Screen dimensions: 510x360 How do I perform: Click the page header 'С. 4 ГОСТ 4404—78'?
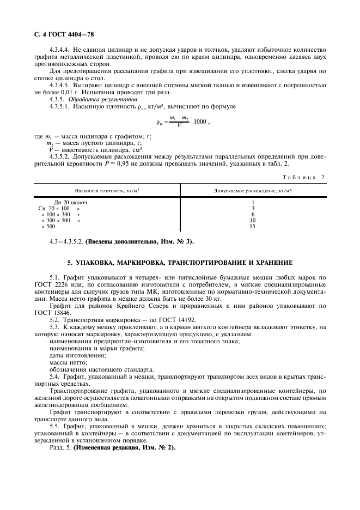[x=61, y=34]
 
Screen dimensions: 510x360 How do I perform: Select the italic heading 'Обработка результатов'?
[x=103, y=99]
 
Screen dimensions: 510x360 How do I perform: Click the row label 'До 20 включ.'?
[x=71, y=202]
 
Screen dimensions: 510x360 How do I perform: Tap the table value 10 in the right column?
[x=253, y=221]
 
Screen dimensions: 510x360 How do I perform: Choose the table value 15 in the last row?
[x=253, y=227]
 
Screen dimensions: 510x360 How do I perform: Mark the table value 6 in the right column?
[x=253, y=215]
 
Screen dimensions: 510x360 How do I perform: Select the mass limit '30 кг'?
[x=212, y=299]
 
